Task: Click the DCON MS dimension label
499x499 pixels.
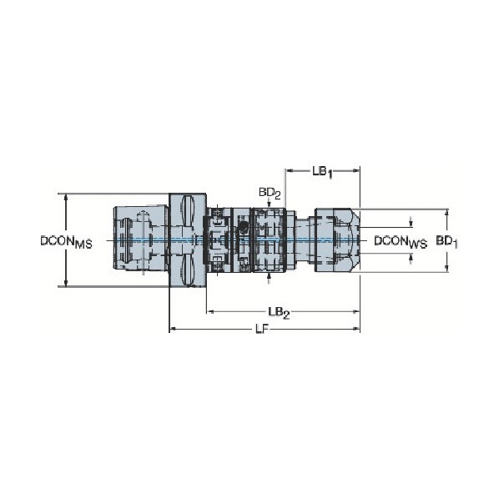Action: tap(66, 242)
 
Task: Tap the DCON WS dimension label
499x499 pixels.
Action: tap(401, 242)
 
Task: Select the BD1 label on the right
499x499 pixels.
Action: tap(446, 241)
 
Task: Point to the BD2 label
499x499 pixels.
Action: tap(270, 194)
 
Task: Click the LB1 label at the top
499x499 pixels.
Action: tap(322, 172)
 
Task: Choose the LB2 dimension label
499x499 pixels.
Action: tap(279, 313)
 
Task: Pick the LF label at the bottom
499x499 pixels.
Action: tap(261, 330)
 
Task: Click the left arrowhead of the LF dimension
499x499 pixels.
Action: tap(172, 330)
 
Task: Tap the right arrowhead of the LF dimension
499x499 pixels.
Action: tap(356, 330)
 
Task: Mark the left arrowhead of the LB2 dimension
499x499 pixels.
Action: tap(210, 312)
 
